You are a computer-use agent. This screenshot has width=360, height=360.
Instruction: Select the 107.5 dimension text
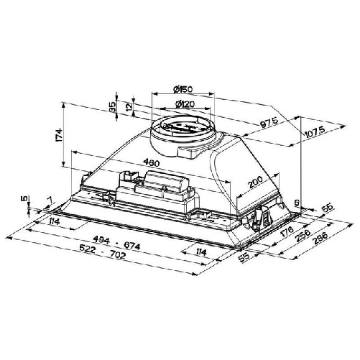(313, 129)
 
